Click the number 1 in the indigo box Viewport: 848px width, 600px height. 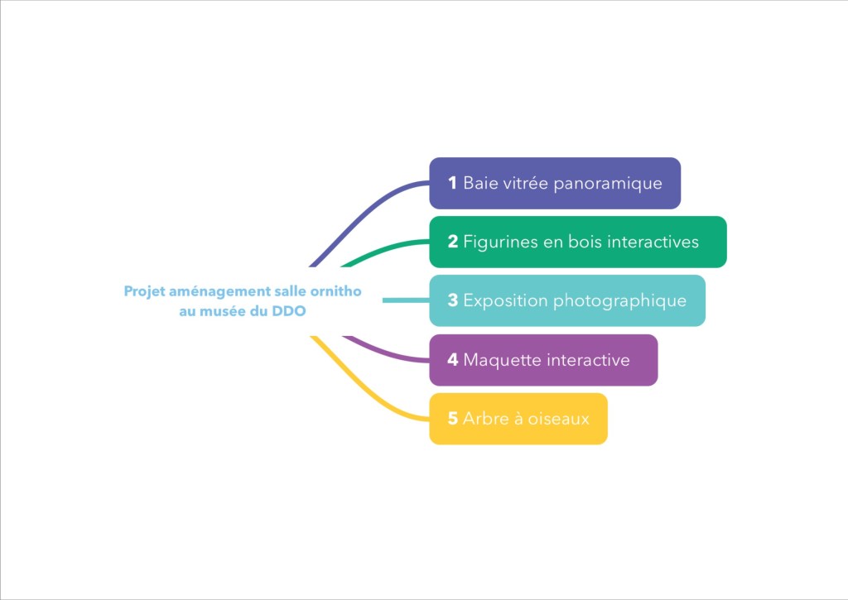[x=452, y=183]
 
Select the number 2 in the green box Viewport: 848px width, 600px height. [x=452, y=242]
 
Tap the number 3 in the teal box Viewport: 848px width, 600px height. [x=452, y=300]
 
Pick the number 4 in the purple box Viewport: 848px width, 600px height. [x=452, y=360]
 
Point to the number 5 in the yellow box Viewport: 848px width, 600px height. [x=452, y=419]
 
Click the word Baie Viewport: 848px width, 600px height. [x=479, y=183]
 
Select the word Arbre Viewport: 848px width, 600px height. [x=484, y=419]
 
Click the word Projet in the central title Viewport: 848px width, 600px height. [x=143, y=292]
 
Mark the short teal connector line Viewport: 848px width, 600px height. [x=406, y=300]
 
